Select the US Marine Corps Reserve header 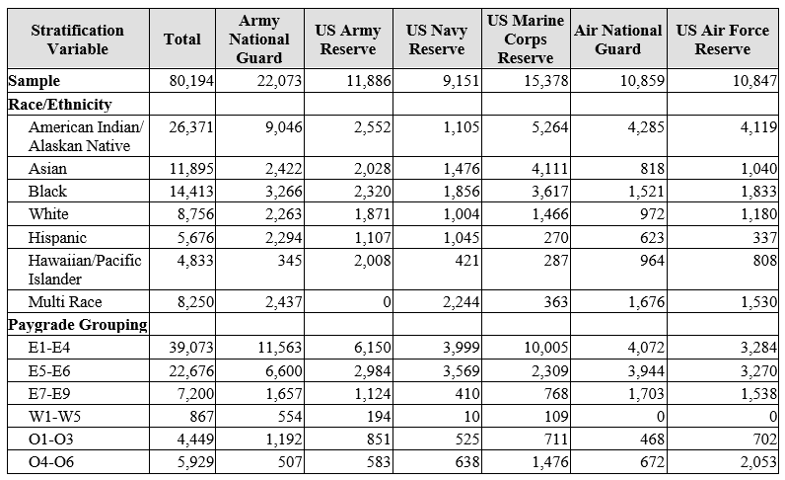click(526, 40)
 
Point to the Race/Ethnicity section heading click(59, 103)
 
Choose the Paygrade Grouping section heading click(77, 324)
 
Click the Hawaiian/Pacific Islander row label click(85, 269)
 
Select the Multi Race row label click(65, 302)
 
